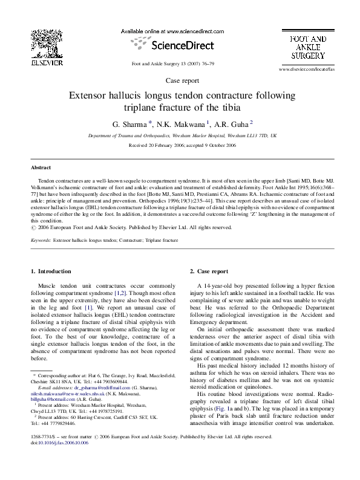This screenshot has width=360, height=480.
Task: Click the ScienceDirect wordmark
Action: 180,44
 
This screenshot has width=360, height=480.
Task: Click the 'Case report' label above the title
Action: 180,81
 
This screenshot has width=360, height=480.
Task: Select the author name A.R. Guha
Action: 230,124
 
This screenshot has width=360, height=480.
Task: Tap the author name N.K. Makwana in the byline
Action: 181,124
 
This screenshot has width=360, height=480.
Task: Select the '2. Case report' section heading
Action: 209,272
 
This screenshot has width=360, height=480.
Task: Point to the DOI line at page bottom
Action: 55,460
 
